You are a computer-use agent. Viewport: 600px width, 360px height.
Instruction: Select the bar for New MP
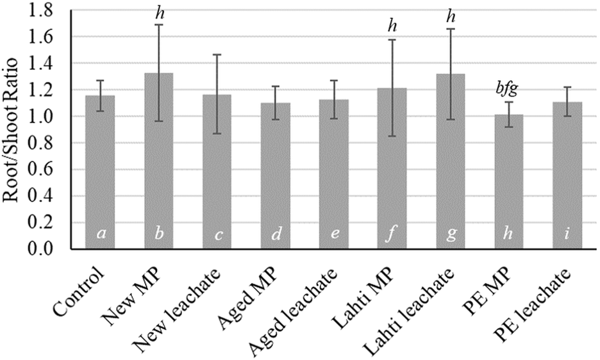pos(160,160)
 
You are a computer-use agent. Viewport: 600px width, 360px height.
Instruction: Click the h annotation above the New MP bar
pos(160,12)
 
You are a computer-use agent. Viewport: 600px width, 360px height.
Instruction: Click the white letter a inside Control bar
pos(100,234)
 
